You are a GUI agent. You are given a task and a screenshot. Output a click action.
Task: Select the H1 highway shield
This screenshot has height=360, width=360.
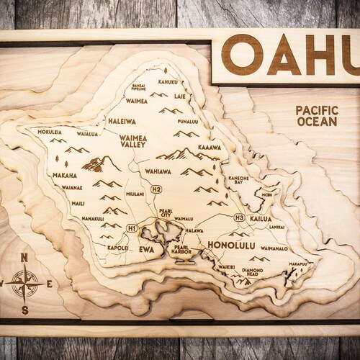point(132,228)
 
